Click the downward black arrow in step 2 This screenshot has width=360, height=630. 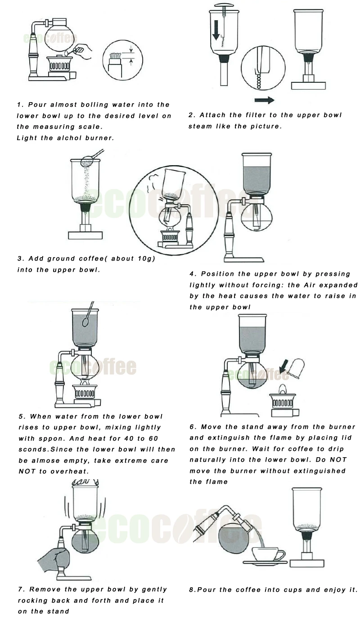click(x=216, y=30)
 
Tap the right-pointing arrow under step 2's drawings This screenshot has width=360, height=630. click(x=265, y=100)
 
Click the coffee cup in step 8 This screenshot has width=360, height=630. click(x=268, y=554)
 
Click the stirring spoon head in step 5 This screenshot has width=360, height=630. click(x=86, y=321)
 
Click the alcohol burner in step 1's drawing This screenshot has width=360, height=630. click(x=59, y=64)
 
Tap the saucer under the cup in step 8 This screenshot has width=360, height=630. click(x=265, y=562)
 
